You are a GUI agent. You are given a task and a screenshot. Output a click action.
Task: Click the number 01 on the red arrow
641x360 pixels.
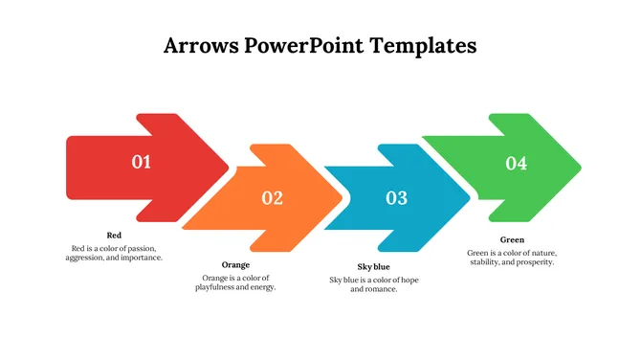142,163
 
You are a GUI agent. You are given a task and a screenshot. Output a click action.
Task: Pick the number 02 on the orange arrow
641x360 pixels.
273,198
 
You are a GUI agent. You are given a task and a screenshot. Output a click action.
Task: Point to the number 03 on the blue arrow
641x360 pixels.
396,198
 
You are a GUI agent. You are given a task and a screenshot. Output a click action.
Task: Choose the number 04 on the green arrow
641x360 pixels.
516,164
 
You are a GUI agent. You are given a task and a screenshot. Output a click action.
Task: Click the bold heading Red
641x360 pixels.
114,236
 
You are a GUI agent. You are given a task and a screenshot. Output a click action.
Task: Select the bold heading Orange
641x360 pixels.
235,265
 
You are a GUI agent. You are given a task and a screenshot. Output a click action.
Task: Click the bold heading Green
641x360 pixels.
512,240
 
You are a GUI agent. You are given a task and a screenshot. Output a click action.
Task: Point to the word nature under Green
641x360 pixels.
540,252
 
